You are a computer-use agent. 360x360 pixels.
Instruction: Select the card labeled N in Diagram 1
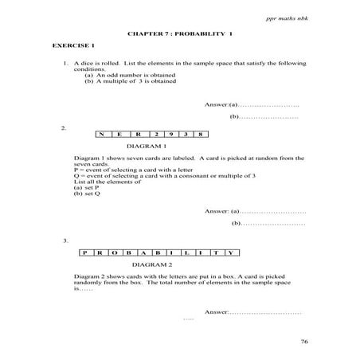pyautogui.click(x=104, y=134)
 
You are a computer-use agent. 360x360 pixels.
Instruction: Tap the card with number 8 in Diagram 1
pyautogui.click(x=204, y=134)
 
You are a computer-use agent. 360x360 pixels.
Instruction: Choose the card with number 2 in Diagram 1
pyautogui.click(x=155, y=134)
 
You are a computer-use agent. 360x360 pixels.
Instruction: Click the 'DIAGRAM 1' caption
pyautogui.click(x=146, y=147)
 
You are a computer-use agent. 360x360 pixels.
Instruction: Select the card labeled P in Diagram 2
pyautogui.click(x=84, y=252)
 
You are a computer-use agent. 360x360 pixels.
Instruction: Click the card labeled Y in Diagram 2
pyautogui.click(x=229, y=252)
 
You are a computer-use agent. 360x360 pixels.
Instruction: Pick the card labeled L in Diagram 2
pyautogui.click(x=186, y=252)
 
